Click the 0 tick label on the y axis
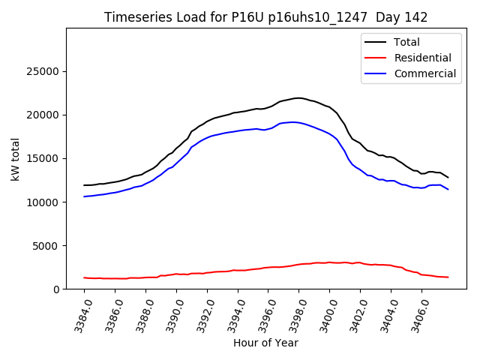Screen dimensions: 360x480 coord(56,289)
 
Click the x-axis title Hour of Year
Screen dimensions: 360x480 coord(265,343)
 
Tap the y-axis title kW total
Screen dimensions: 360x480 coord(15,159)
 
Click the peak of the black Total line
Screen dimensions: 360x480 coord(298,98)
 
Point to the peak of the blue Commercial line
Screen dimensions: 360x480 coord(292,121)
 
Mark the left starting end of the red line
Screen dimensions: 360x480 coord(84,277)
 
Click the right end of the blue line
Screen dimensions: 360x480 coord(448,189)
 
